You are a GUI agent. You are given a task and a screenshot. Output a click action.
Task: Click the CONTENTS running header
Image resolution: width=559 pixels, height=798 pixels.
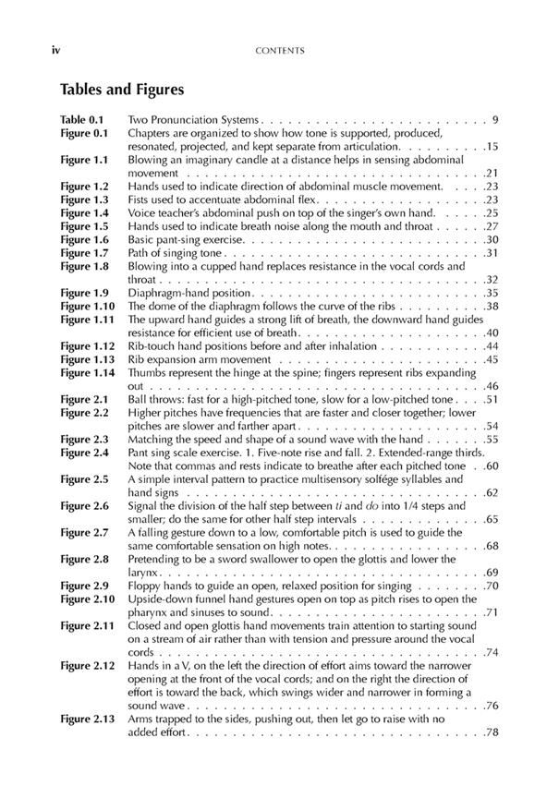tap(278, 50)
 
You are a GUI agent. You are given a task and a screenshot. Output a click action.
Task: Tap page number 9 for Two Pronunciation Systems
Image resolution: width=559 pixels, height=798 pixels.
tap(496, 120)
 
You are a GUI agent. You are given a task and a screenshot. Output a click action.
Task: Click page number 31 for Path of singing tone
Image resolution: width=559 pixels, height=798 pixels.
tap(492, 253)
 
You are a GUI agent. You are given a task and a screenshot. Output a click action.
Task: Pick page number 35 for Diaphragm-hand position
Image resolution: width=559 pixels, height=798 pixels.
tap(492, 293)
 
